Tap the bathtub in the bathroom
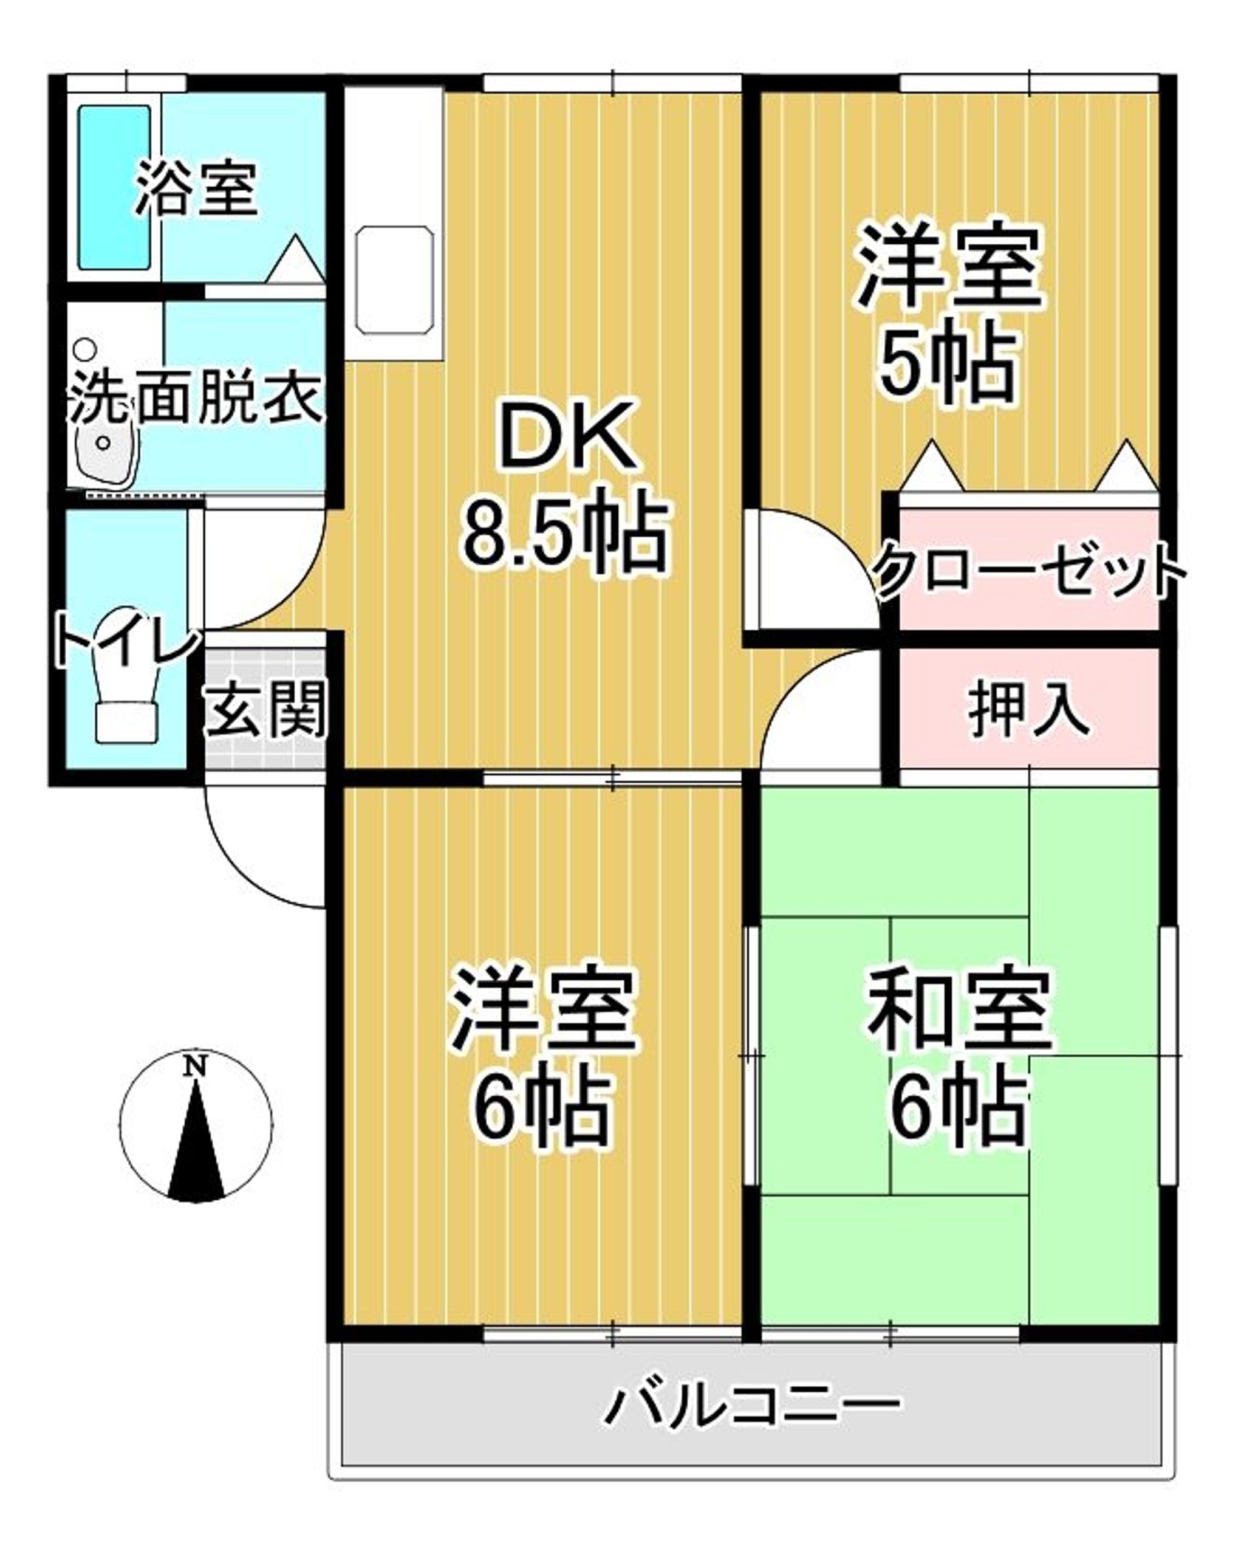coord(115,188)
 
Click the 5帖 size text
coord(948,366)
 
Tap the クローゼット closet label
coord(1029,571)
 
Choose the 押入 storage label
coord(1029,710)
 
